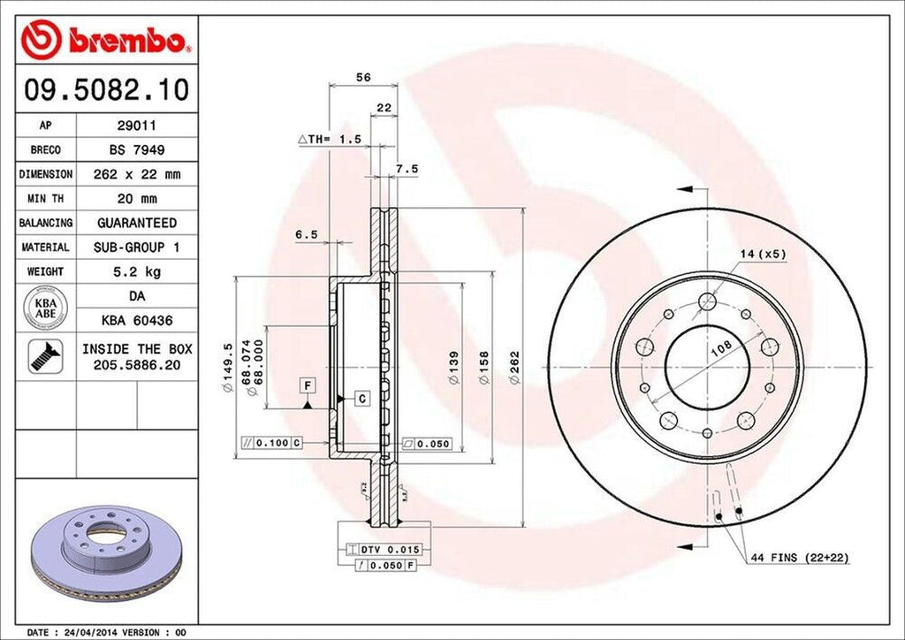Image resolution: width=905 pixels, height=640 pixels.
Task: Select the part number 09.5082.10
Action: point(104,90)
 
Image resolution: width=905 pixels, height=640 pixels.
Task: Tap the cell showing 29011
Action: point(136,126)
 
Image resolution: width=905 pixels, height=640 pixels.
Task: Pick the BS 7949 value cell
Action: point(136,150)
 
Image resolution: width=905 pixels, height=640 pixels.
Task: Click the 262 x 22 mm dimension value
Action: point(136,175)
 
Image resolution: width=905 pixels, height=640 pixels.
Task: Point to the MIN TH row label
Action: point(45,199)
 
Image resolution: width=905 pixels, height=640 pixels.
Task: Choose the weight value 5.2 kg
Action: point(136,271)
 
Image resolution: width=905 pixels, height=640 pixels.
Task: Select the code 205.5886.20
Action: point(137,364)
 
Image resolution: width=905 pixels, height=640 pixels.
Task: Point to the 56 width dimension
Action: point(362,78)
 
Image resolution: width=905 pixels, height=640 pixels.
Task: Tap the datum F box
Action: point(307,385)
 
